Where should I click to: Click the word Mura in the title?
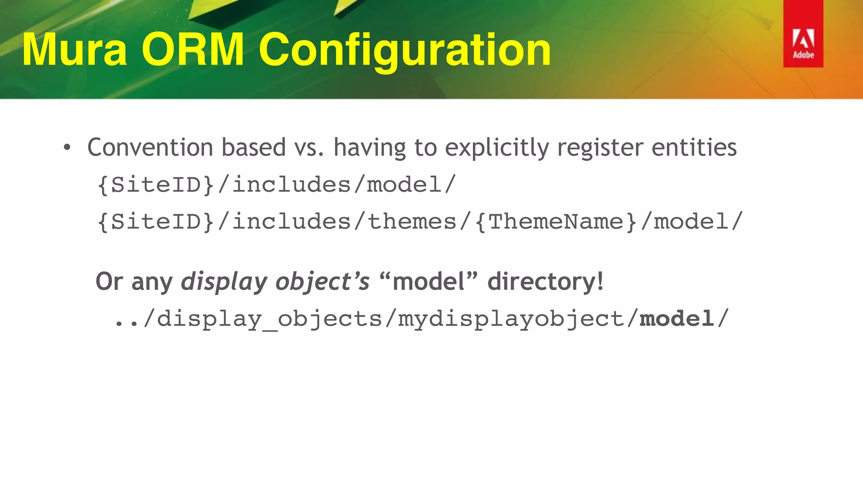coord(75,50)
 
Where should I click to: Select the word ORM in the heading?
coord(193,50)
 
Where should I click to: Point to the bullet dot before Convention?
coord(67,148)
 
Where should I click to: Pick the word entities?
coord(694,148)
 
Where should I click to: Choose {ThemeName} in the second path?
coord(555,222)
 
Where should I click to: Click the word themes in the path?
coord(412,222)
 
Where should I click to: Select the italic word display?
coord(224,282)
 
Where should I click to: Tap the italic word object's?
coord(322,282)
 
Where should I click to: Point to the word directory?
coord(545,282)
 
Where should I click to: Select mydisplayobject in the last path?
coord(511,319)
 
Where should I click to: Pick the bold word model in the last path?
coord(676,319)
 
